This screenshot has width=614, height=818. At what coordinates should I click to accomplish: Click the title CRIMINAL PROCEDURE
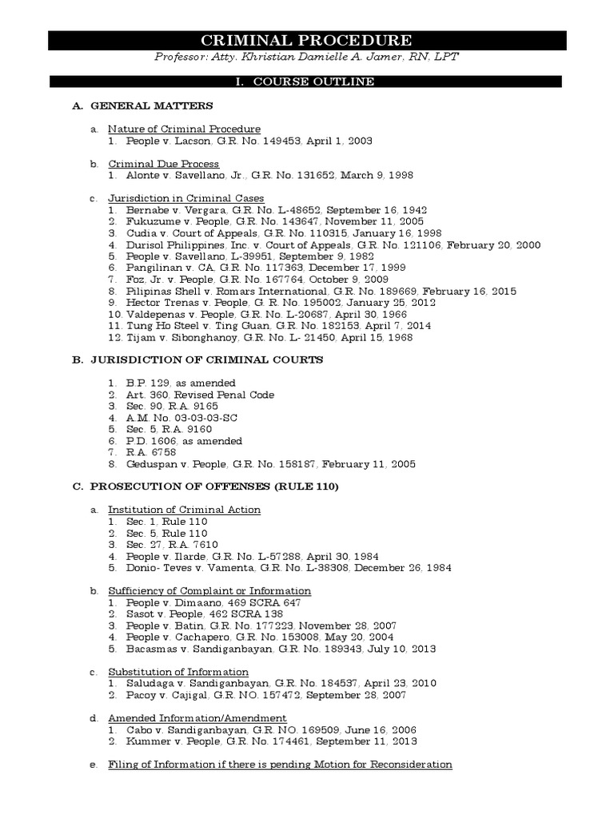[306, 41]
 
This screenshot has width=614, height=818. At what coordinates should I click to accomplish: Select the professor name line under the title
[306, 59]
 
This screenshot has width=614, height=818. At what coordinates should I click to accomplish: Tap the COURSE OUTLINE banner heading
[306, 81]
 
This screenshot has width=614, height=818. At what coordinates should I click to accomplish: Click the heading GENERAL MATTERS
[151, 105]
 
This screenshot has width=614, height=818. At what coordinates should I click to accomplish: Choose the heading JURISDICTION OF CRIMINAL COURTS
[206, 360]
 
